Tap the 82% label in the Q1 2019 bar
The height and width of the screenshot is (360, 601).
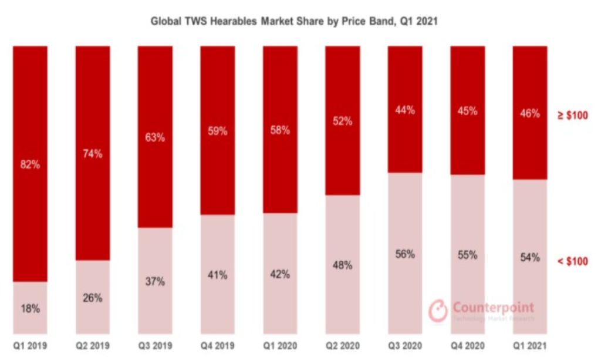tap(30, 165)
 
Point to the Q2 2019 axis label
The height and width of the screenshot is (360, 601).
tap(93, 346)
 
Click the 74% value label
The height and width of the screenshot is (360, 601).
tap(93, 154)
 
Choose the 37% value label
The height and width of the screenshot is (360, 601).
tap(155, 281)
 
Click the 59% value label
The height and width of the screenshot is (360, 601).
tap(217, 132)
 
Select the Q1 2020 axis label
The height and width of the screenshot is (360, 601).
tap(279, 346)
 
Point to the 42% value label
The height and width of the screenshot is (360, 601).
tap(279, 274)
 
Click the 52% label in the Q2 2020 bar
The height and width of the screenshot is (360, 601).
tap(342, 122)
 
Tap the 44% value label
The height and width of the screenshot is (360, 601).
tap(404, 110)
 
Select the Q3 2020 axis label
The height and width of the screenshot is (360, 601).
tap(404, 346)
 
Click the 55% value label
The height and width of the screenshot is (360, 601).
tap(467, 255)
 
